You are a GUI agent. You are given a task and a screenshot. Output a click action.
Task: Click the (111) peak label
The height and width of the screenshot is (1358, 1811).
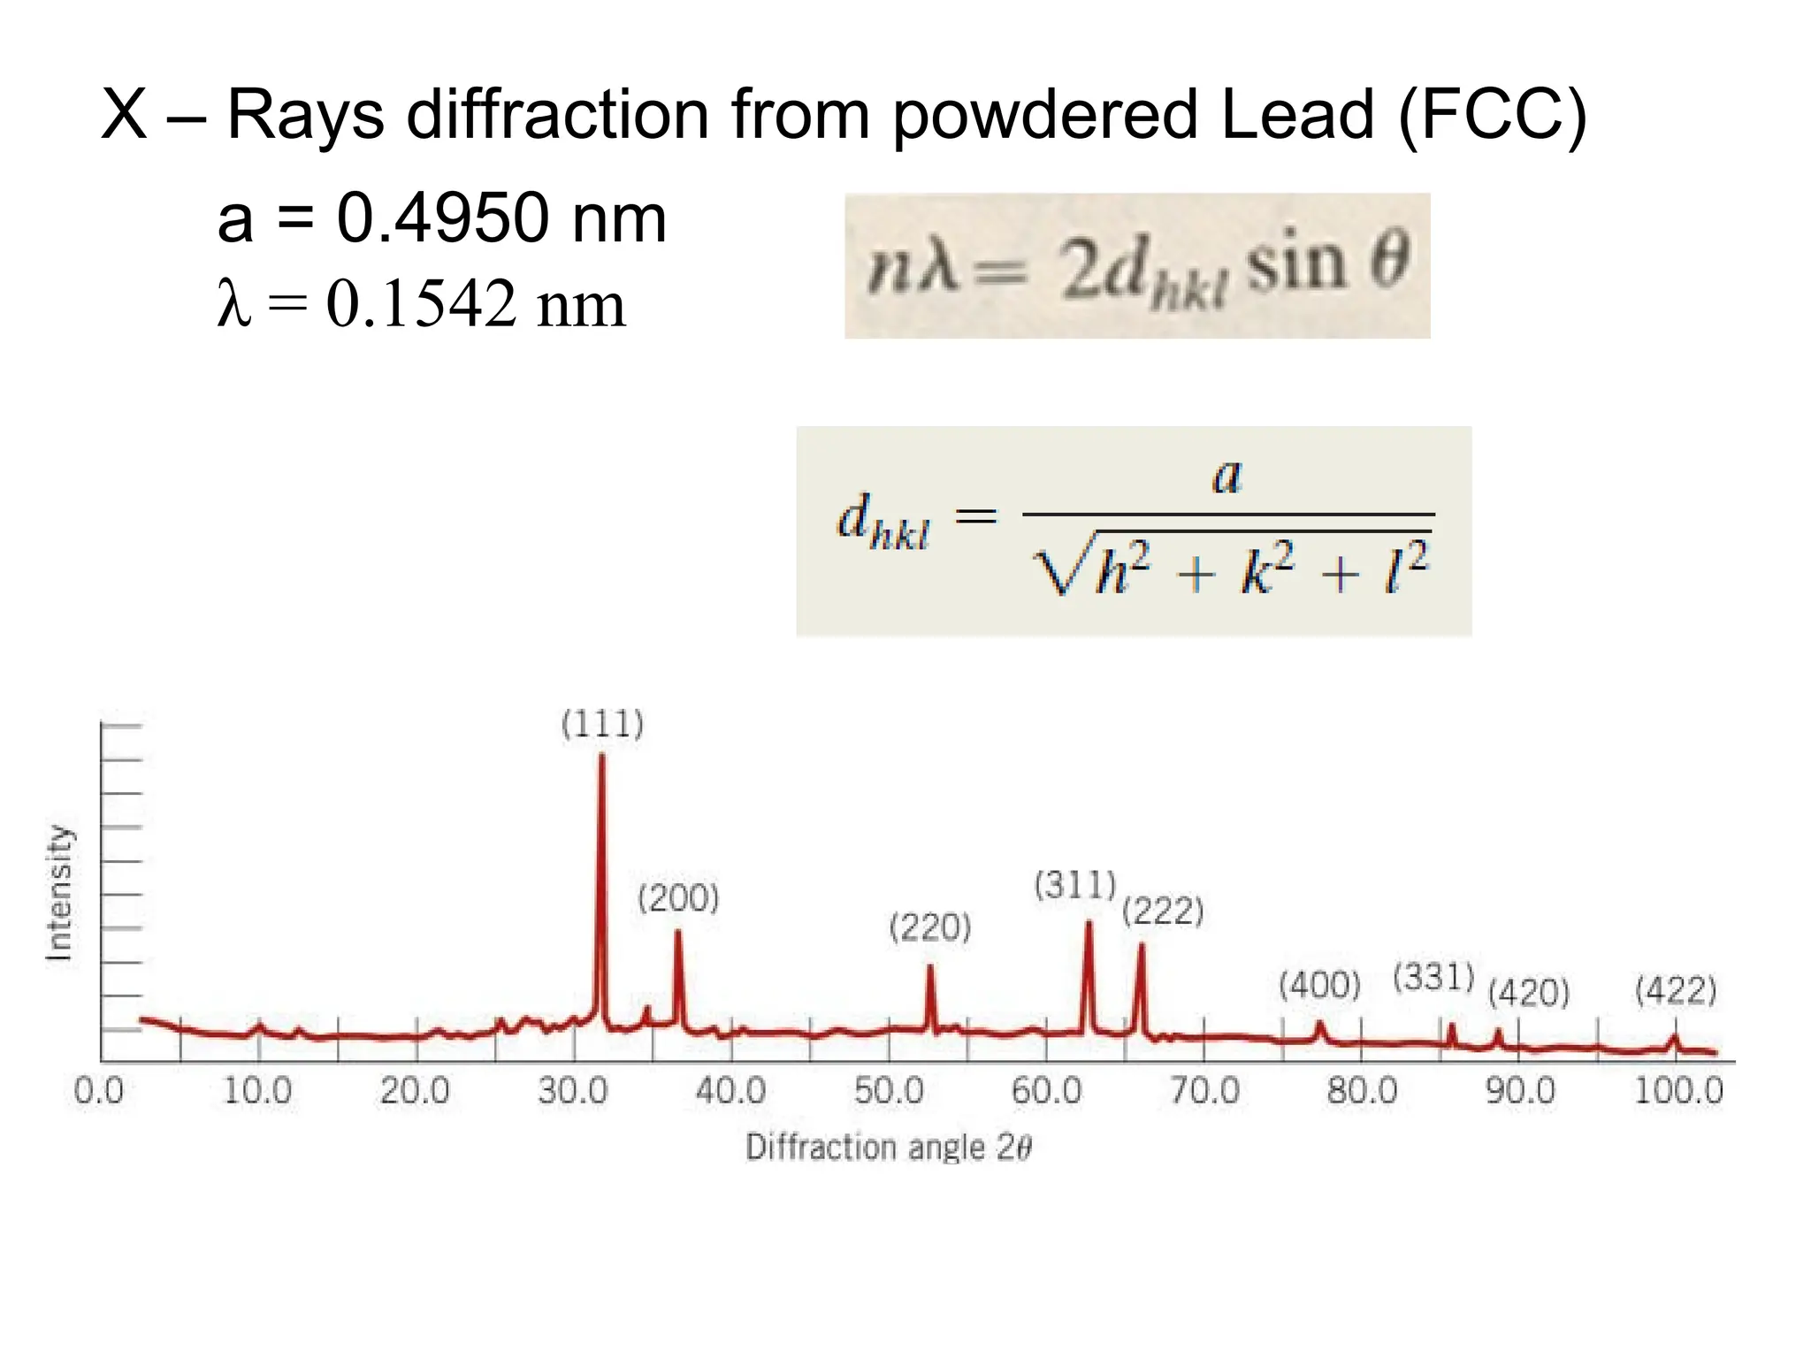point(602,725)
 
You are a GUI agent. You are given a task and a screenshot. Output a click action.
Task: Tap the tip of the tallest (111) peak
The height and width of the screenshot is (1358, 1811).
point(602,757)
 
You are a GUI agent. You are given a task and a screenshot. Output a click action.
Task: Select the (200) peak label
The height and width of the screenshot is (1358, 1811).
point(678,899)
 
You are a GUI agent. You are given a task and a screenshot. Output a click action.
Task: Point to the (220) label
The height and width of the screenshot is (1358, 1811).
point(929,928)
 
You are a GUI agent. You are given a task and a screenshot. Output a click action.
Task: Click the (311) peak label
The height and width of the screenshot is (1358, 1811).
point(1075,885)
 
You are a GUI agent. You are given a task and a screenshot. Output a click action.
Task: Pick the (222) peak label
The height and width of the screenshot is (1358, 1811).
point(1163,912)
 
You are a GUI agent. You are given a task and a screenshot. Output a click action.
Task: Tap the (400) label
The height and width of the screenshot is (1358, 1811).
point(1319,985)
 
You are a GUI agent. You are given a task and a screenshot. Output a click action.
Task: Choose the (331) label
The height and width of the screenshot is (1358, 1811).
point(1433,978)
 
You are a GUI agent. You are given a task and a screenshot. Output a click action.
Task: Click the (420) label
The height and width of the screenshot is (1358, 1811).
point(1528,993)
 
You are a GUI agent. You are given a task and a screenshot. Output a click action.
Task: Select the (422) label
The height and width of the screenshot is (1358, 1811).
point(1676,990)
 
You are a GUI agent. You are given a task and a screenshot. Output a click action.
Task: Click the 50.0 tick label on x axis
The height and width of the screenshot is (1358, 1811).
point(888,1092)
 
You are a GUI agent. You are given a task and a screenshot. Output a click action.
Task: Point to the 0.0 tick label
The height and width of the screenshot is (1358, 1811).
point(99,1092)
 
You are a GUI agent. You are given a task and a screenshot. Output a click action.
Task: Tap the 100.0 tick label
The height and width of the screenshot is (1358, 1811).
point(1677,1092)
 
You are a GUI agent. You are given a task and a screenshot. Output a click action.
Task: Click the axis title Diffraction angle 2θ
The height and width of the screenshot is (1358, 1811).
point(888,1148)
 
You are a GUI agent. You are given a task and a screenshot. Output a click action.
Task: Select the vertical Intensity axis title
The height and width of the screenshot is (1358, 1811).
point(58,893)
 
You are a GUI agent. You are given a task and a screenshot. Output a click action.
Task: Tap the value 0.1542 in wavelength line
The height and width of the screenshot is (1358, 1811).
point(421,304)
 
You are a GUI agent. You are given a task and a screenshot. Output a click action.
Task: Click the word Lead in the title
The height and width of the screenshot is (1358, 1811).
point(1296,114)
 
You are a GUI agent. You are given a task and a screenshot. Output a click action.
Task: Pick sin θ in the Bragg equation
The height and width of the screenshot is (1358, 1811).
point(1326,263)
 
